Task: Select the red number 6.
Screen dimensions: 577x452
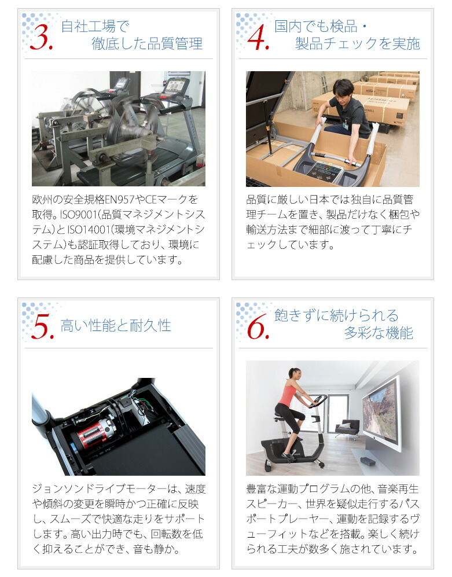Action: (258, 327)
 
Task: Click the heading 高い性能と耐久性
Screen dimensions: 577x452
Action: (116, 325)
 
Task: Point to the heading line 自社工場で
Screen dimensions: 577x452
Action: (95, 26)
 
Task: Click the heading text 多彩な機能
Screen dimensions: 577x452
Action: (378, 333)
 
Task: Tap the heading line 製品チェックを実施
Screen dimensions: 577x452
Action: (357, 44)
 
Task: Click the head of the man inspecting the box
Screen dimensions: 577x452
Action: (343, 89)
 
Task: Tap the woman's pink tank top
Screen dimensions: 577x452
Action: (287, 396)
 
